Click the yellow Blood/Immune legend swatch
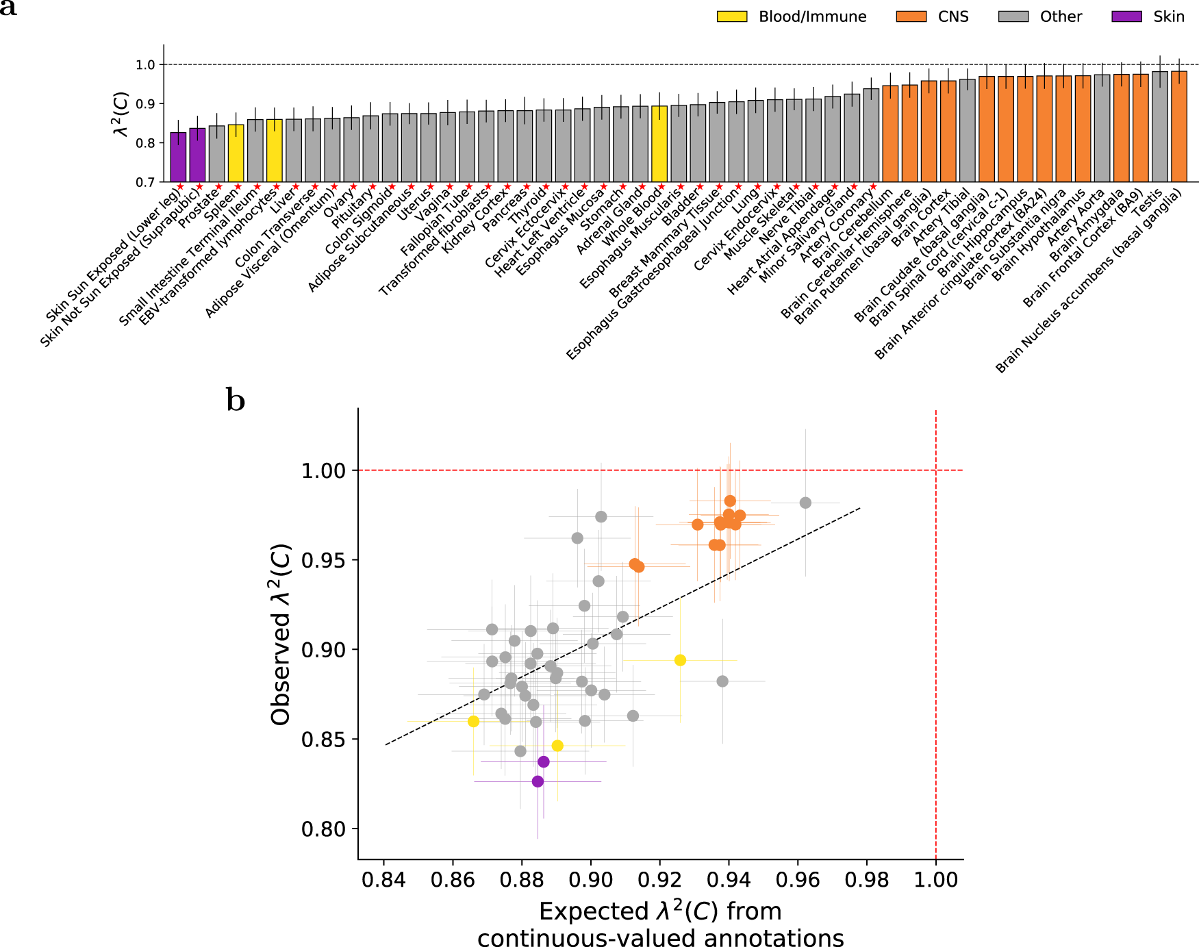tap(731, 16)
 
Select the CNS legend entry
tap(952, 16)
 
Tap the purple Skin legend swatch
tap(1126, 16)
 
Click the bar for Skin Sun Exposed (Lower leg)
tap(178, 157)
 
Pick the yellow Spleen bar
tap(236, 153)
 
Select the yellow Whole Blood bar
tap(659, 144)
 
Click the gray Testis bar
tap(1159, 127)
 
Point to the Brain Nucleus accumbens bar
tap(1179, 127)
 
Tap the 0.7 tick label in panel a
tap(145, 182)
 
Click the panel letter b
tap(236, 401)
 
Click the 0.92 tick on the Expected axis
tap(659, 879)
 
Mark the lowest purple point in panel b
tap(538, 781)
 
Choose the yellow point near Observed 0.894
tap(680, 660)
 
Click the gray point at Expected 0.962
tap(805, 503)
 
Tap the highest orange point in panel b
tap(730, 501)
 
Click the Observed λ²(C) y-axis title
tap(281, 634)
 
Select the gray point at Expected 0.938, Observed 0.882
tap(722, 681)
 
